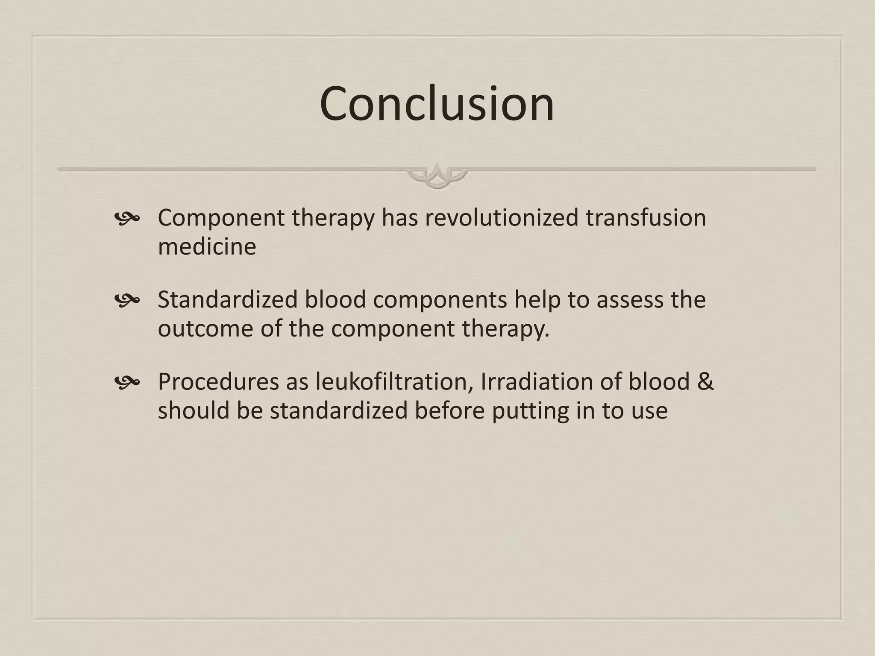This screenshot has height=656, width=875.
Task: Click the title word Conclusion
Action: [437, 104]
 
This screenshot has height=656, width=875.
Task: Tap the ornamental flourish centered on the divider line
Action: [437, 176]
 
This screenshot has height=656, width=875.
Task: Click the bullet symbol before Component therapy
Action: [127, 219]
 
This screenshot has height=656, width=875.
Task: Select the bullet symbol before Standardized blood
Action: [127, 301]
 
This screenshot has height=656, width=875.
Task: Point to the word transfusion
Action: [645, 217]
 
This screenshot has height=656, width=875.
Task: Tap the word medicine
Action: [207, 246]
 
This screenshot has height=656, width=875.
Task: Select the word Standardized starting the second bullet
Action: [227, 299]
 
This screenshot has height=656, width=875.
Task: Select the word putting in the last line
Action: [530, 411]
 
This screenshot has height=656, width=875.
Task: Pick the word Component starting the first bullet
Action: [221, 218]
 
